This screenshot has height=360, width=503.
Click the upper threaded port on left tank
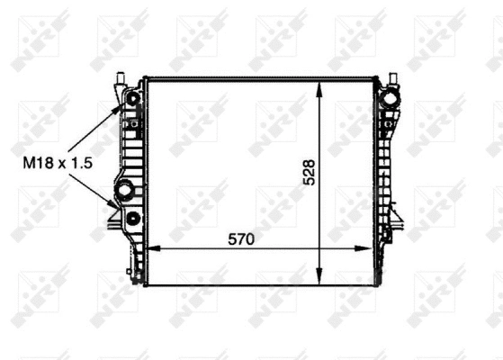click(133, 97)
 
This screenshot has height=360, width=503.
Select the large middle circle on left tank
click(124, 190)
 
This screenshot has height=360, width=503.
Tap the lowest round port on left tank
click(133, 219)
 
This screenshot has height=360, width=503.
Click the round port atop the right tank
click(391, 96)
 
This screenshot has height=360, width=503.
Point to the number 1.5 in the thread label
click(84, 163)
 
